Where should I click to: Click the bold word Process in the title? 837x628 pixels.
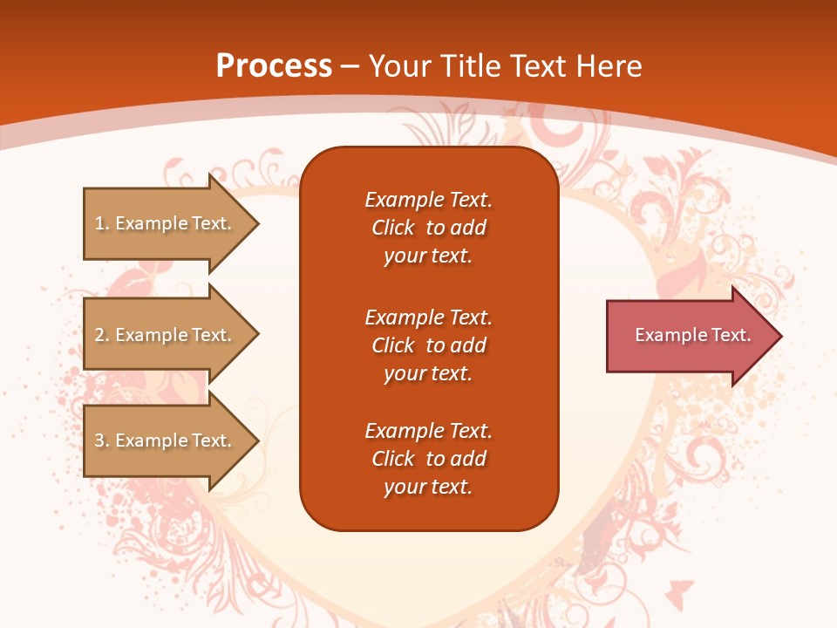click(x=274, y=66)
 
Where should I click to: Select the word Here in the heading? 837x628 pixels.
click(x=609, y=66)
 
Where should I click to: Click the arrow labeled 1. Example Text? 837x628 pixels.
click(x=166, y=223)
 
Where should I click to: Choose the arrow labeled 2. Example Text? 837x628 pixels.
click(x=166, y=335)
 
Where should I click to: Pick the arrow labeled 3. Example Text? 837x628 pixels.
click(x=166, y=440)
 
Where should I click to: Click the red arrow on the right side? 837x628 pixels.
click(x=689, y=336)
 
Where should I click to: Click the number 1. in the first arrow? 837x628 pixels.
click(x=102, y=223)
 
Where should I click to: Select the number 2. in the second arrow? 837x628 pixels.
click(x=102, y=335)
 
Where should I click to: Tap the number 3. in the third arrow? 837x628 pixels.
click(x=102, y=440)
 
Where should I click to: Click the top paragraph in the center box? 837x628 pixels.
click(x=428, y=228)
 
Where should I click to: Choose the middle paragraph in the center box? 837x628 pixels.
click(x=428, y=345)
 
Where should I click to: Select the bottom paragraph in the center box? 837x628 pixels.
click(x=428, y=459)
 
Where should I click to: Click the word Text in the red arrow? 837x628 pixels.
click(x=731, y=335)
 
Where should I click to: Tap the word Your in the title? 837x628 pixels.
click(x=396, y=66)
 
